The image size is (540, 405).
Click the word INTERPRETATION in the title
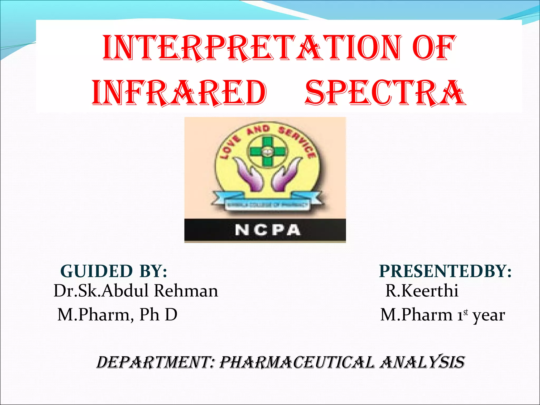[x=252, y=47]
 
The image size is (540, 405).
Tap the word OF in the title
[x=434, y=47]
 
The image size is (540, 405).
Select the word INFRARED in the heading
[x=179, y=93]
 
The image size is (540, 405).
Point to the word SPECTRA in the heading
[x=385, y=93]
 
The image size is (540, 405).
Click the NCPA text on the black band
[x=267, y=230]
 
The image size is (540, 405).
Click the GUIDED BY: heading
[x=114, y=271]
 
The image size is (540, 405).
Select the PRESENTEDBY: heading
[x=445, y=271]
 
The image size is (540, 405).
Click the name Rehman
[x=186, y=291]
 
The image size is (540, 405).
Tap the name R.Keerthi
[x=422, y=291]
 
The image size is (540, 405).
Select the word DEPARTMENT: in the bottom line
[x=153, y=362]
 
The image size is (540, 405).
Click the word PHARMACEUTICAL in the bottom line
[x=297, y=362]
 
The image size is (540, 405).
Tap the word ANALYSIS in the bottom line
[x=422, y=362]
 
